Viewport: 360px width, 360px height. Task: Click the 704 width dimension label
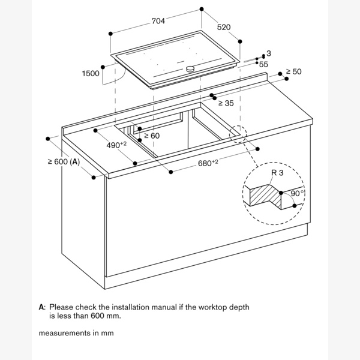point(158,21)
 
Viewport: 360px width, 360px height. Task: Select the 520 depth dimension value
point(224,28)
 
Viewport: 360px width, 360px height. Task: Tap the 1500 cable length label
point(91,73)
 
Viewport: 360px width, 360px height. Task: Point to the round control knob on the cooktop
point(190,68)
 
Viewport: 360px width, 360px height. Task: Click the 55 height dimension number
point(263,65)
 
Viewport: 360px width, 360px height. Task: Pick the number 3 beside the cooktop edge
point(269,53)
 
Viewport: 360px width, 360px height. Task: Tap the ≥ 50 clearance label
point(293,71)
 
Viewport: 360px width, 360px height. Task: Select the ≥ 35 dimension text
point(226,103)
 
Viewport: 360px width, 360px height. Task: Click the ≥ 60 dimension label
point(152,136)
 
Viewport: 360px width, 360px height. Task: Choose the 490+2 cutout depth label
point(116,145)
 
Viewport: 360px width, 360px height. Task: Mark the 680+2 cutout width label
point(208,163)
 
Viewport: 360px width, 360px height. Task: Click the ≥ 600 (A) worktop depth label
point(64,162)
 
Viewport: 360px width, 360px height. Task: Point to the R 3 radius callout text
point(277,173)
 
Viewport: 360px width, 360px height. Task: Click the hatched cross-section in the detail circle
point(265,195)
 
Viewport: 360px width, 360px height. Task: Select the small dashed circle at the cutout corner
point(238,134)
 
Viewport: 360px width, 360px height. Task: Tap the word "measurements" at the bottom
point(65,333)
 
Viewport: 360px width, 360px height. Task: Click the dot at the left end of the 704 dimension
point(110,34)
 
